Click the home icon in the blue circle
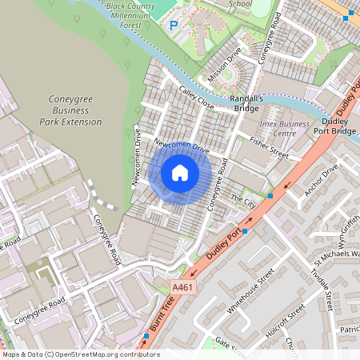click(180, 173)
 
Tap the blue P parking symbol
click(174, 26)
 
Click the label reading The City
click(241, 197)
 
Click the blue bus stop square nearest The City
click(270, 195)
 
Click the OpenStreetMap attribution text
click(80, 354)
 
